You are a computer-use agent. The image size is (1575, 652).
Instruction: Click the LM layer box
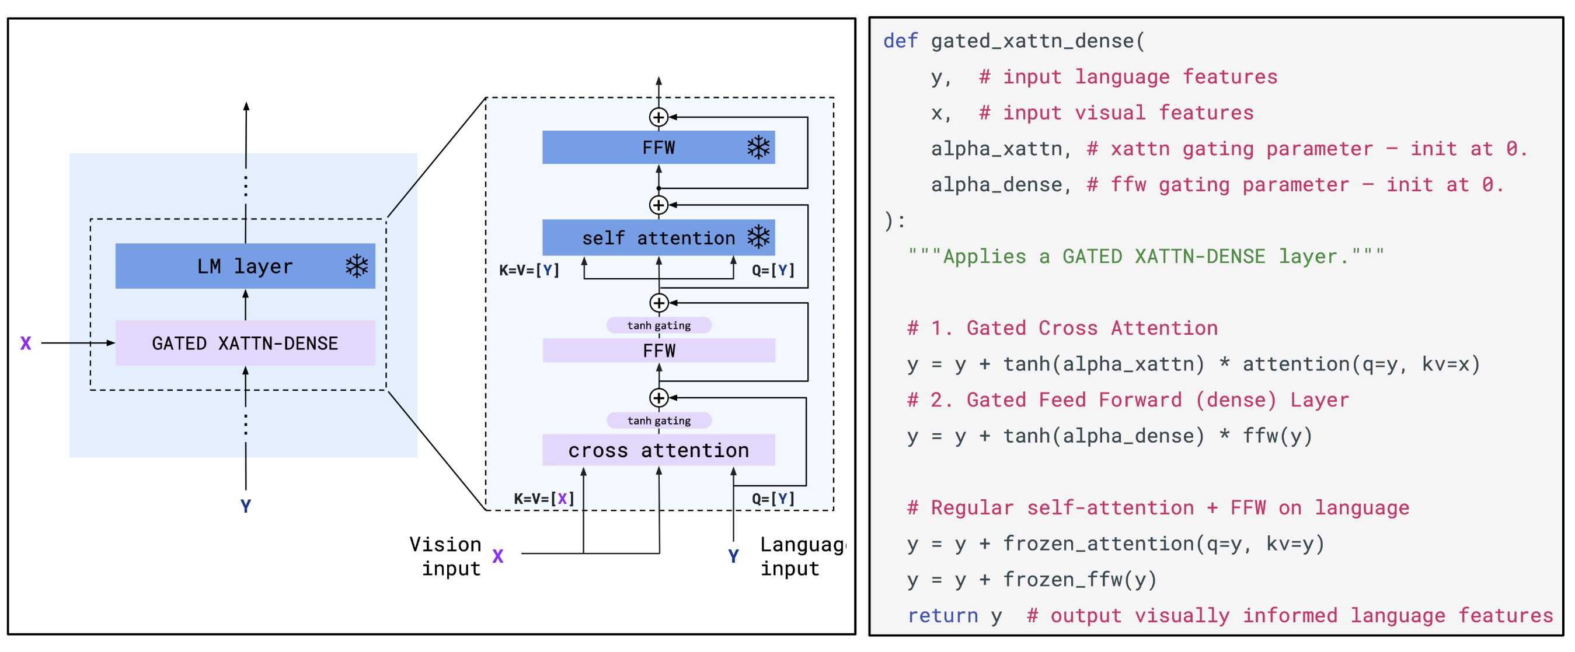[245, 266]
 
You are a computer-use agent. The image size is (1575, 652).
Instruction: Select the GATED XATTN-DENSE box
[245, 343]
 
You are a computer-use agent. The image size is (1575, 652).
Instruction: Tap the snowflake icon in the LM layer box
[357, 266]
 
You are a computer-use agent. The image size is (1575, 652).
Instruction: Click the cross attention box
[658, 450]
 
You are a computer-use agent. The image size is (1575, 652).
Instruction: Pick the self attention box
[658, 237]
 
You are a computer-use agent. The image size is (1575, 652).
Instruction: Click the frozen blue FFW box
[658, 148]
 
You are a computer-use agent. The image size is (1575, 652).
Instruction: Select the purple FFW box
[658, 350]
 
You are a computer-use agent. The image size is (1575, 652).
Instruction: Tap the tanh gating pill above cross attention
[658, 420]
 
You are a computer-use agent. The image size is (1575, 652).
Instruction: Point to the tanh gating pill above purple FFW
[658, 325]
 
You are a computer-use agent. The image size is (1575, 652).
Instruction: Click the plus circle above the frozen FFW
[658, 117]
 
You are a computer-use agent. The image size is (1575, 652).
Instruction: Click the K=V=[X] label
[543, 499]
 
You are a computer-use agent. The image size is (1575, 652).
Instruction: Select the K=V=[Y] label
[529, 270]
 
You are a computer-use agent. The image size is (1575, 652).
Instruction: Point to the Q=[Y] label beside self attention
[773, 270]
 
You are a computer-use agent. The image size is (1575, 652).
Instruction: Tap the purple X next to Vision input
[498, 556]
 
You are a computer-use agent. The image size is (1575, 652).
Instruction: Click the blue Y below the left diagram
[245, 506]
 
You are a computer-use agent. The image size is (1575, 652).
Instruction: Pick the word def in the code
[900, 41]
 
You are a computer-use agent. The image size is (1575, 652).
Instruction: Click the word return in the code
[942, 615]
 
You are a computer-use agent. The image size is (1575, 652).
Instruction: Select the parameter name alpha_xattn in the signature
[996, 149]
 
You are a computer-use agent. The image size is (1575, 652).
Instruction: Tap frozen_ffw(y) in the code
[1079, 579]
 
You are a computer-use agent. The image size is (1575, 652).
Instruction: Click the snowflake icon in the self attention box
[758, 237]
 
